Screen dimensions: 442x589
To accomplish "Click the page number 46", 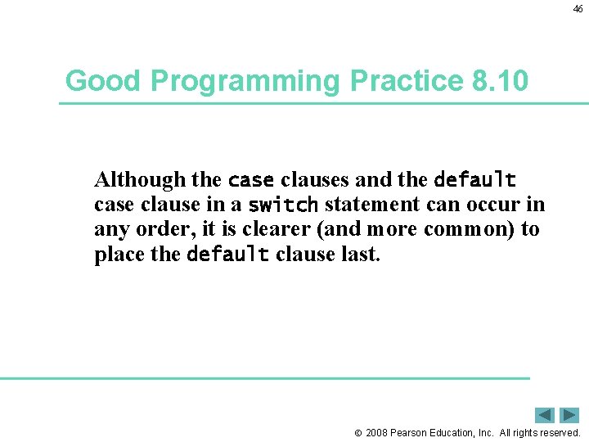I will tap(578, 8).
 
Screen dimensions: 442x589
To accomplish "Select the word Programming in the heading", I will tap(244, 81).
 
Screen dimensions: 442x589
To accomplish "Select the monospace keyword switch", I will tap(283, 205).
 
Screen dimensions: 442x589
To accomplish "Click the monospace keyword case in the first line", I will tap(250, 179).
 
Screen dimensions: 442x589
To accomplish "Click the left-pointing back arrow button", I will tap(545, 415).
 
